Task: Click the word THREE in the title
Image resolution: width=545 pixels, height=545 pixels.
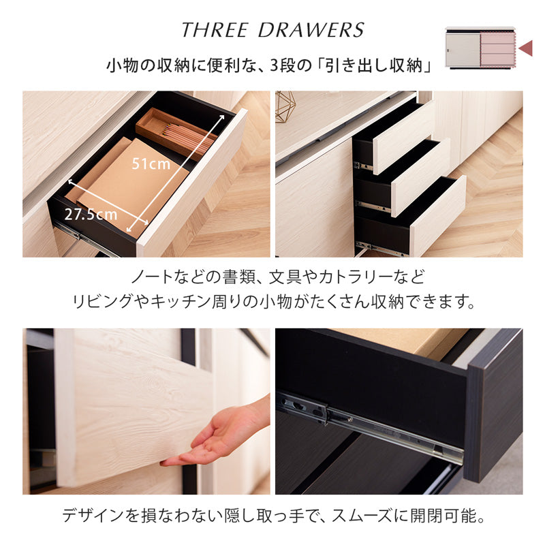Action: (215, 30)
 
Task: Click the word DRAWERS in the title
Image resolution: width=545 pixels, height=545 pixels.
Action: (311, 30)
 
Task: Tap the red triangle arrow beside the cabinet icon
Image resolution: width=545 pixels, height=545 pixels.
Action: (525, 48)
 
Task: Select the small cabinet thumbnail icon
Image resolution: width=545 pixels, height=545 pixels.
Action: (481, 48)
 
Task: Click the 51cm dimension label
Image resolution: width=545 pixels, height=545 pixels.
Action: (151, 164)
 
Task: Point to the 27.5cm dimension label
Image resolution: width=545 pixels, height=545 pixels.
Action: (91, 215)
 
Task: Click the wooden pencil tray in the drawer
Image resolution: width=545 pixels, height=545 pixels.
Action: (176, 133)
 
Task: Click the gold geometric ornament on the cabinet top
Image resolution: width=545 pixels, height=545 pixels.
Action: (285, 107)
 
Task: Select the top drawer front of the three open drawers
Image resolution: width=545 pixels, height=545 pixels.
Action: (404, 138)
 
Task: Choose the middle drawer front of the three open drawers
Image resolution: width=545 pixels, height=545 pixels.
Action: (421, 178)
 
